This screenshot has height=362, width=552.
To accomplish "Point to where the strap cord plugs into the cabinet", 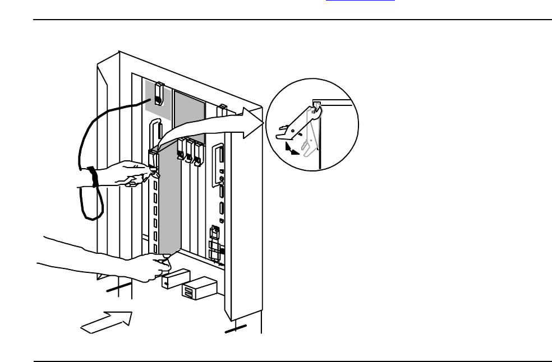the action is point(158,100).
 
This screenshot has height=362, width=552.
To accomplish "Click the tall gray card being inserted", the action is point(168,202).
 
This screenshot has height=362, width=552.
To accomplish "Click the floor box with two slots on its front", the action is point(199,289).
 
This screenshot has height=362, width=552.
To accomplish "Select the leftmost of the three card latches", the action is point(181,150).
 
